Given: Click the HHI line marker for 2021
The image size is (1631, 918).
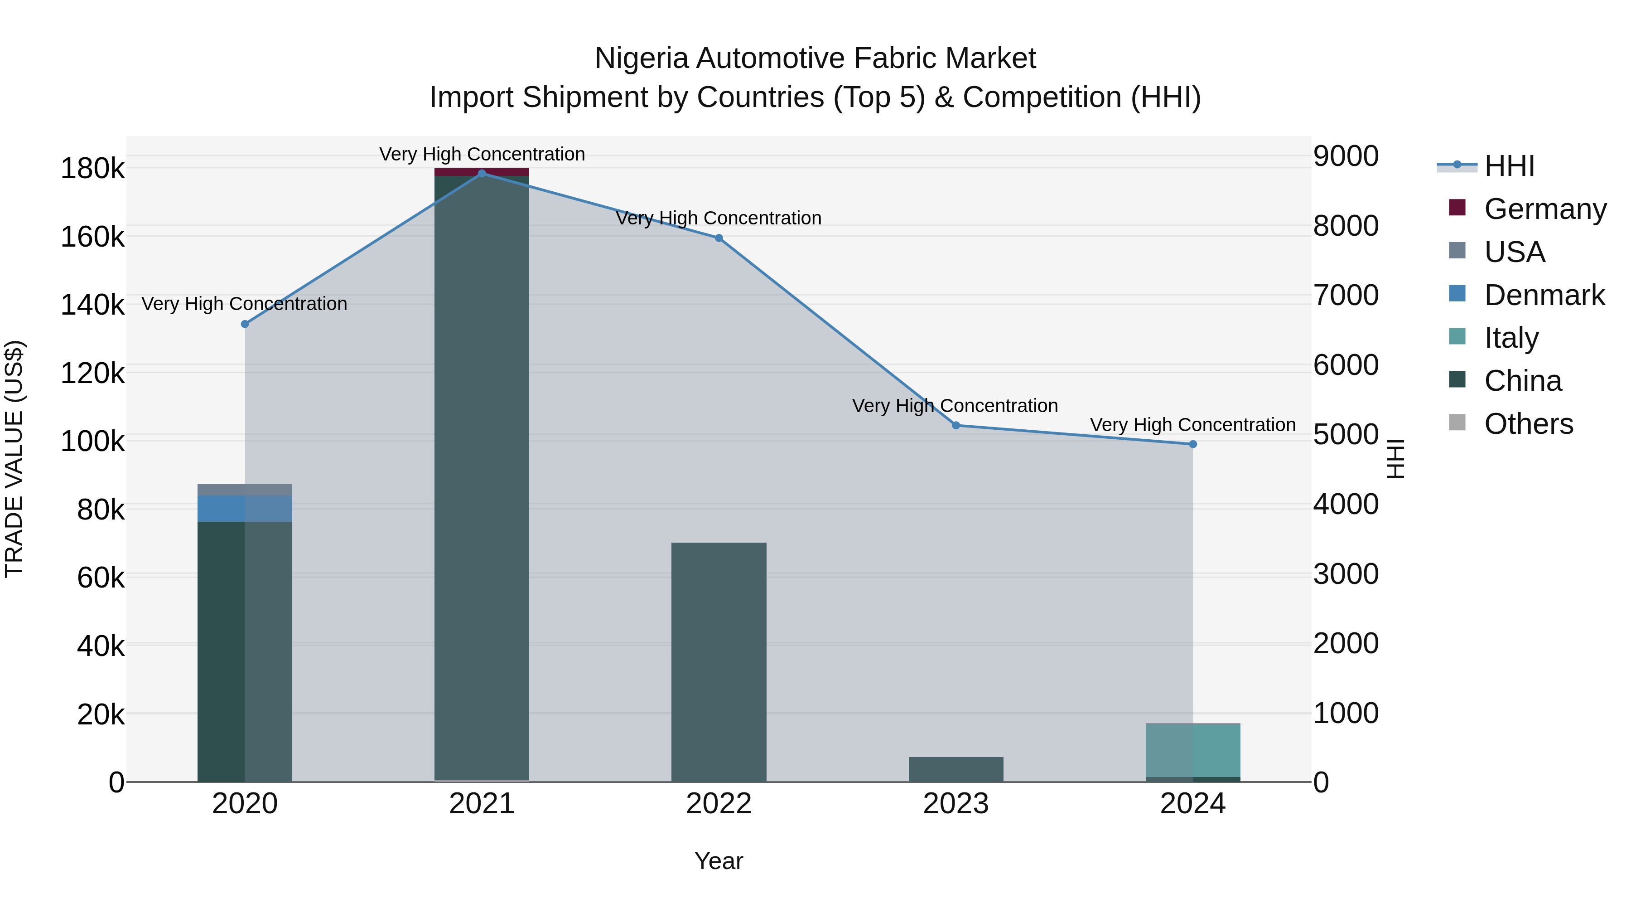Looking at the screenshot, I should [x=482, y=174].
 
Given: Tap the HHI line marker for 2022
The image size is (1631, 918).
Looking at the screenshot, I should [x=719, y=238].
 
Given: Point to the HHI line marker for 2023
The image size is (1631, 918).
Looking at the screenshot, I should [x=956, y=426].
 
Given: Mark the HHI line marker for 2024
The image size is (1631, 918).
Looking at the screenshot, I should [x=1193, y=445].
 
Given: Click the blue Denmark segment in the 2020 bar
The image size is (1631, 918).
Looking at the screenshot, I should [x=245, y=509].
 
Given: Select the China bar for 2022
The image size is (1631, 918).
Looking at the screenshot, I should [x=719, y=662].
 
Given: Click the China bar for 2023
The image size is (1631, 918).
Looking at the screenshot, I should [x=956, y=770].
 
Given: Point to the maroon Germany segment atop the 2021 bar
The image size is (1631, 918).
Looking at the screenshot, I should [x=482, y=172].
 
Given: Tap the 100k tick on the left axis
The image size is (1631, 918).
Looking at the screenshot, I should [x=92, y=442].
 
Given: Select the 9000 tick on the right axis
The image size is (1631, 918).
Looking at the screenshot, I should [x=1346, y=156].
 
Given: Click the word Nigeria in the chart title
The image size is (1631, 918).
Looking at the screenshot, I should [x=641, y=59].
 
